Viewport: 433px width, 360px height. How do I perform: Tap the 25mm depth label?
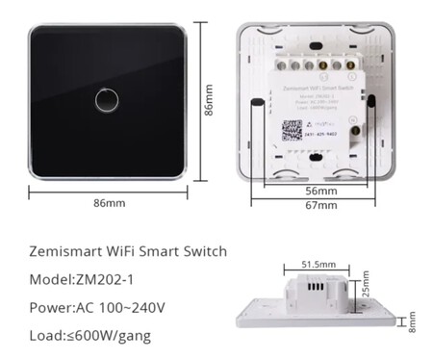[364, 286]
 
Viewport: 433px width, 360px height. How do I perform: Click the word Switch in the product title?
[204, 252]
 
